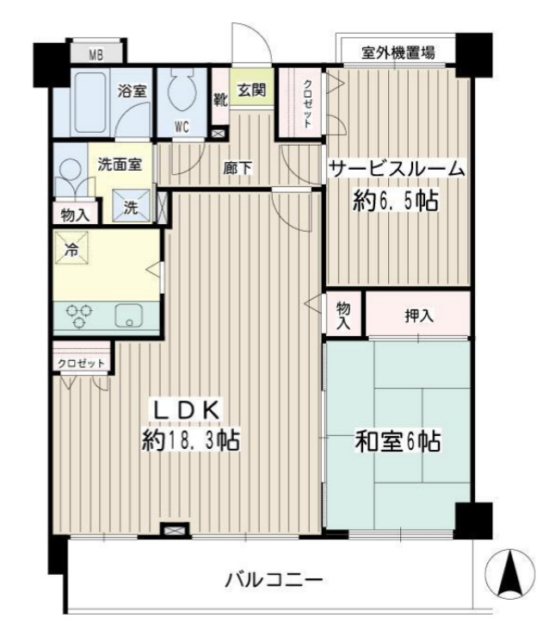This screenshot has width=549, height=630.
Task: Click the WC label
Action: [x=182, y=126]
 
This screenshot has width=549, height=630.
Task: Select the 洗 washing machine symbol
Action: [x=133, y=207]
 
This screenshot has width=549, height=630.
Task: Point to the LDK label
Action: [x=189, y=408]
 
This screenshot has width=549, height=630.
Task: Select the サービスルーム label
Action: [x=398, y=170]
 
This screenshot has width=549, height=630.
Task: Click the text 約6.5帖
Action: [x=396, y=203]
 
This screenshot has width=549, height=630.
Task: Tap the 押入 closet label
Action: [x=419, y=315]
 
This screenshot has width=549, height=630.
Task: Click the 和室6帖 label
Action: [x=398, y=442]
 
